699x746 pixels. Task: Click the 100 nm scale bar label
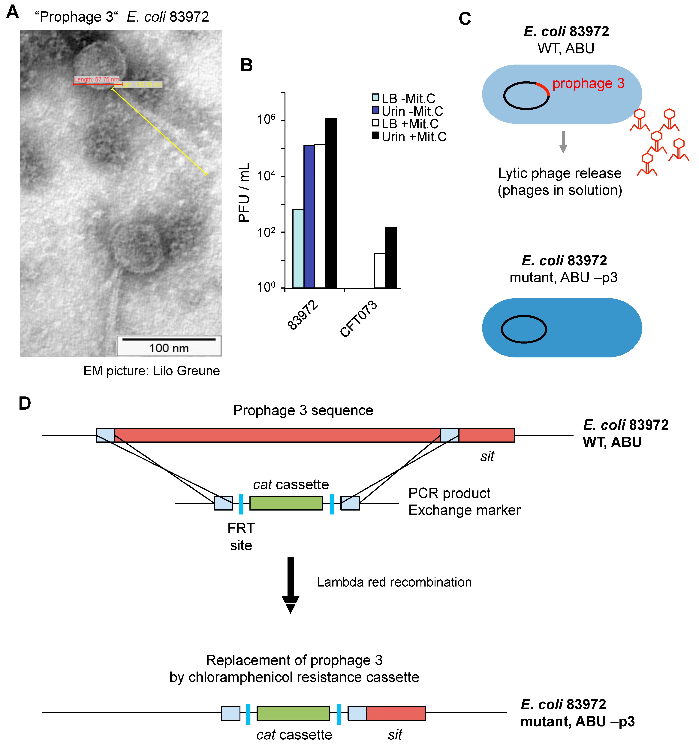[169, 348]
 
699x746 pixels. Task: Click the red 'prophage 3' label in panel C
[588, 83]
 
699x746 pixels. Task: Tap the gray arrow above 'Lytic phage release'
[563, 142]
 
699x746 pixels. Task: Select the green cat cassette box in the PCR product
[286, 503]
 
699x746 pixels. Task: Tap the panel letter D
[25, 403]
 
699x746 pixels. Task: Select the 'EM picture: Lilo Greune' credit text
[152, 371]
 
